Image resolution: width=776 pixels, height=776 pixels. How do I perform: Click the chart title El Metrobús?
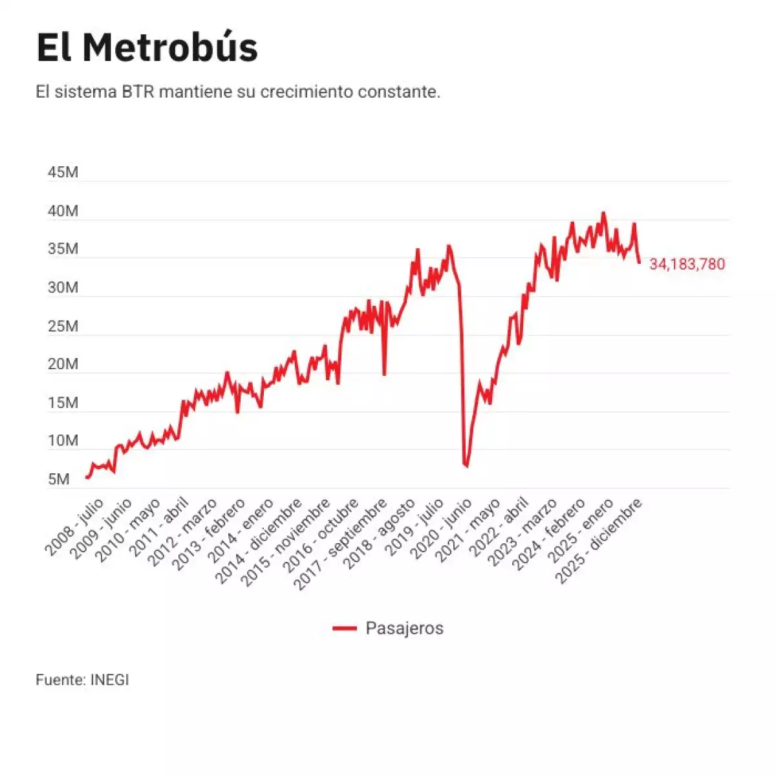pyautogui.click(x=147, y=47)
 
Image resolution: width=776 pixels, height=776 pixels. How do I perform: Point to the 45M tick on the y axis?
pyautogui.click(x=63, y=173)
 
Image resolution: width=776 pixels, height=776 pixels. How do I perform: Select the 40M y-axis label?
pyautogui.click(x=63, y=211)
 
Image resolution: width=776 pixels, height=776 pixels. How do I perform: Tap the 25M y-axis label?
pyautogui.click(x=63, y=327)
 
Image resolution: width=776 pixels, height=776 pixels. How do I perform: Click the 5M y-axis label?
pyautogui.click(x=58, y=480)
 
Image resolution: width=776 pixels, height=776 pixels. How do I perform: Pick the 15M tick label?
pyautogui.click(x=63, y=403)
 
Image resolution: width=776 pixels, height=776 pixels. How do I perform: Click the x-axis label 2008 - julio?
pyautogui.click(x=74, y=526)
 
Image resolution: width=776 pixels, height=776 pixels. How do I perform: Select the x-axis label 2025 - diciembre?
pyautogui.click(x=600, y=541)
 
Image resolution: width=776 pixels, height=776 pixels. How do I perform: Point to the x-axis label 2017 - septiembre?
pyautogui.click(x=341, y=544)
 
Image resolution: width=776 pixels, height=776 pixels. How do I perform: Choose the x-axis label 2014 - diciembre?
pyautogui.click(x=258, y=541)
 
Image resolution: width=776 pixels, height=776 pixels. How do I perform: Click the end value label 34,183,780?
pyautogui.click(x=687, y=264)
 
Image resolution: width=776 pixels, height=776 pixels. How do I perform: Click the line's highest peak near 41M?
pyautogui.click(x=603, y=213)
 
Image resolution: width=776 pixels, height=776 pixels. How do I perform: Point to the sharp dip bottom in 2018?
pyautogui.click(x=384, y=374)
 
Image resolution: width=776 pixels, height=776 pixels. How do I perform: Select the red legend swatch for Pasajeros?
pyautogui.click(x=345, y=629)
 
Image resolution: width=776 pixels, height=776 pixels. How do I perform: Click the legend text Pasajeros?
pyautogui.click(x=404, y=629)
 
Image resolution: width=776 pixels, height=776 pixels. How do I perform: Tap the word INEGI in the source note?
pyautogui.click(x=109, y=680)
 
